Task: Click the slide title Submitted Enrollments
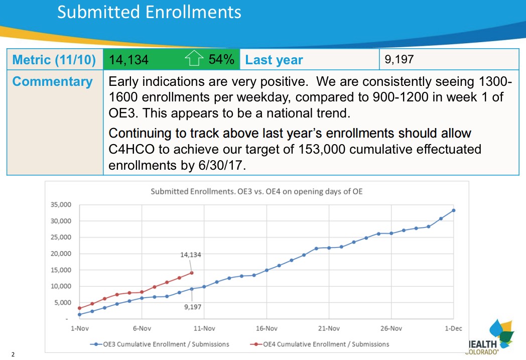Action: pos(149,12)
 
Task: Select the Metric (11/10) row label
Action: pos(54,60)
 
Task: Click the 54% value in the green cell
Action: pos(221,60)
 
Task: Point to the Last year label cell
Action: pos(274,60)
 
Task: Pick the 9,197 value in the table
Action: pos(399,60)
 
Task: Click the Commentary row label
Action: pos(52,82)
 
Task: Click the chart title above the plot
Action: pos(256,191)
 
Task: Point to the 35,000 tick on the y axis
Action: pos(61,205)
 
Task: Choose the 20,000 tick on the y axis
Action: pos(61,254)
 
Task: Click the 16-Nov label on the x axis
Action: pos(266,328)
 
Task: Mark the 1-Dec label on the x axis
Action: pos(453,328)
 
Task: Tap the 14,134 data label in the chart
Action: pos(191,255)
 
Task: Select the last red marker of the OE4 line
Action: pos(191,273)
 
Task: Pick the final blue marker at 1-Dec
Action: pos(453,210)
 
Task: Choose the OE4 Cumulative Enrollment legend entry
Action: pos(321,344)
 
